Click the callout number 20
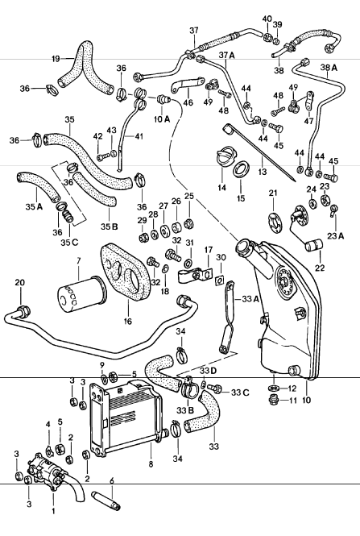click(x=19, y=282)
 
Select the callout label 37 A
click(x=226, y=55)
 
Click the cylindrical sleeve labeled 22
click(x=310, y=241)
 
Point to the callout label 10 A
click(x=161, y=118)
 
